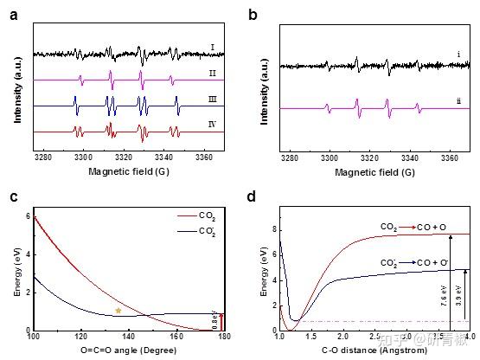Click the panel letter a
(x=12, y=13)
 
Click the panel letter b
(x=253, y=13)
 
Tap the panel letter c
(x=12, y=196)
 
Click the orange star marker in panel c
(x=118, y=310)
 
